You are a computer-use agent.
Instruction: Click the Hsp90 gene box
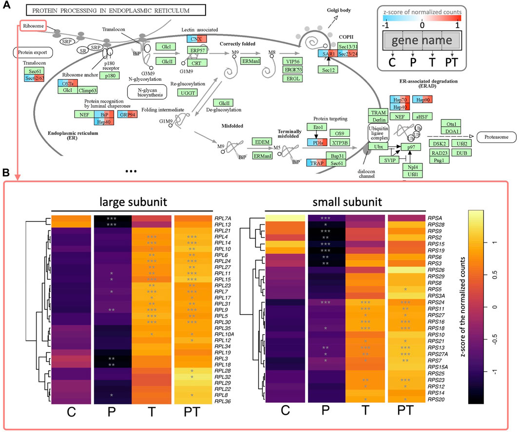click(x=423, y=100)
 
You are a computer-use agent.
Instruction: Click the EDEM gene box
click(x=259, y=142)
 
